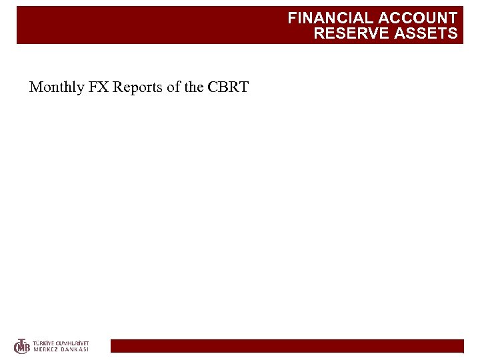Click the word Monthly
coord(56,87)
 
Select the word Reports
coord(137,87)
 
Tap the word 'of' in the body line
coord(173,87)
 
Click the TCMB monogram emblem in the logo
coord(22,346)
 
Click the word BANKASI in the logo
coord(75,349)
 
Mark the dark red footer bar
coord(287,345)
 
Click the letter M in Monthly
coord(35,87)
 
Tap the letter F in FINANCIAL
coord(292,19)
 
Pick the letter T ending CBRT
coord(243,87)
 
